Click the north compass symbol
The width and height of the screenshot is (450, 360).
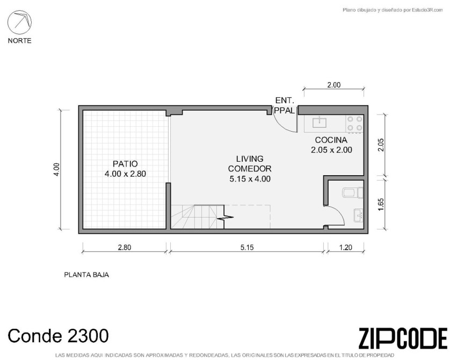click(x=19, y=23)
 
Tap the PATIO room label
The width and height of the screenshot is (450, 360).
click(x=125, y=169)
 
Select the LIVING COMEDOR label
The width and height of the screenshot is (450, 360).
click(x=250, y=169)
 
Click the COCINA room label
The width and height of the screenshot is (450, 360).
click(x=331, y=145)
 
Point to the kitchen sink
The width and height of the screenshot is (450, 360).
click(x=319, y=123)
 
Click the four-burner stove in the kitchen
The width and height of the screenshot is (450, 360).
click(x=355, y=124)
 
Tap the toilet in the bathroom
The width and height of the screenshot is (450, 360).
click(x=353, y=193)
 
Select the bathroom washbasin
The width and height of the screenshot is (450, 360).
click(x=359, y=215)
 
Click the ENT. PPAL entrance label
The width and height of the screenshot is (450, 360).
click(x=285, y=105)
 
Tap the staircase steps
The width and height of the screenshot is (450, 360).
click(x=198, y=217)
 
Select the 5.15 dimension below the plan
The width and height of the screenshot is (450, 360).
click(x=247, y=247)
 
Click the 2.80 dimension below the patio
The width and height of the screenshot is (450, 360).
click(x=125, y=247)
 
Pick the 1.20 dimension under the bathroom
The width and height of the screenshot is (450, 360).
click(x=345, y=247)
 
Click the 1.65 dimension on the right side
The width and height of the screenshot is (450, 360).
click(x=381, y=204)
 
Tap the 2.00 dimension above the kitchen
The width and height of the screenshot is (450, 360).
click(x=334, y=85)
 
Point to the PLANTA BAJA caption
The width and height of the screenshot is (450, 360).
click(x=86, y=275)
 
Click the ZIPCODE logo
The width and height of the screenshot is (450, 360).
click(x=403, y=338)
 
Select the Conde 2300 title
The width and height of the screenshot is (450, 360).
click(x=58, y=336)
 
